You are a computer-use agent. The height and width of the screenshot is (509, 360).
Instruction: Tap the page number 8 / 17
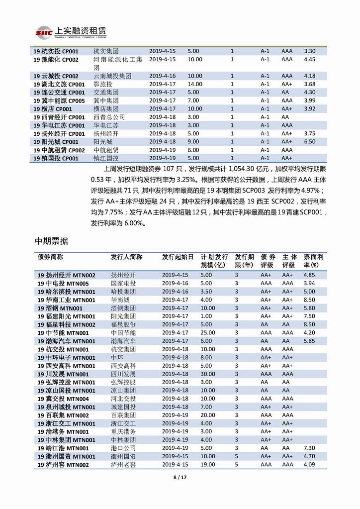pos(180,477)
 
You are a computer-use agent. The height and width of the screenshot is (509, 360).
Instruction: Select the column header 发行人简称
pos(126,257)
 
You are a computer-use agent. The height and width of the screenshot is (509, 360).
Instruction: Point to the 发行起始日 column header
pos(178,257)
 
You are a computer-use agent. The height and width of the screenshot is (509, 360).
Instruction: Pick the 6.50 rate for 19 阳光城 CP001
pos(309,142)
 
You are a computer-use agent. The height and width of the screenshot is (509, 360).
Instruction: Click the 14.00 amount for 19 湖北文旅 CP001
pos(195,84)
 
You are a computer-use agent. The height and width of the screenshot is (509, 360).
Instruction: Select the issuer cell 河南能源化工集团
pos(118,63)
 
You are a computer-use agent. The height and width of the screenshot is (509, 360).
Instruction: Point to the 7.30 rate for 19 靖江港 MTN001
pos(309,448)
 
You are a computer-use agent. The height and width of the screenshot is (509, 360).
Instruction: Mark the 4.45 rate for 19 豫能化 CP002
pos(309,60)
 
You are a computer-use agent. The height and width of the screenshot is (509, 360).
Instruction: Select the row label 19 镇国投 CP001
pos(56,158)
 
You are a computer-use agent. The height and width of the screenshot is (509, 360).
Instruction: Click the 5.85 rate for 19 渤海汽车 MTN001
pos(309,341)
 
